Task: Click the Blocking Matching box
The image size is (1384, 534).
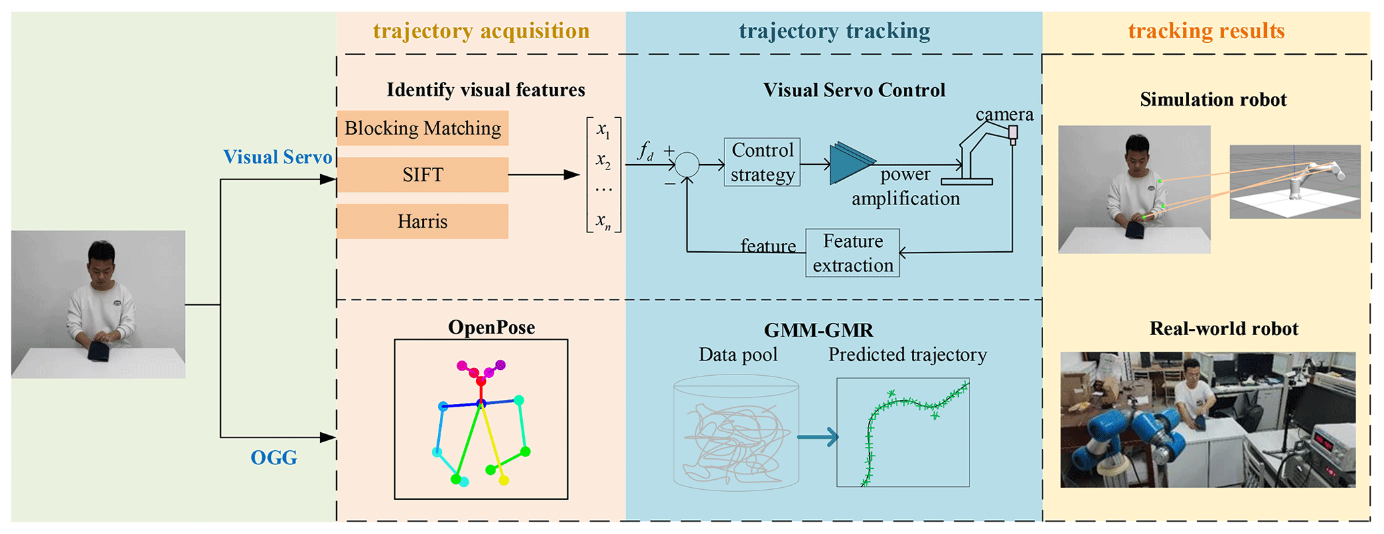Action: [x=422, y=128]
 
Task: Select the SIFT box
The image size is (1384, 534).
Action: [x=422, y=175]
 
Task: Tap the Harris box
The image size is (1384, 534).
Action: [x=422, y=222]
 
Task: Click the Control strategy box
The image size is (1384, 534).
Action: [x=762, y=162]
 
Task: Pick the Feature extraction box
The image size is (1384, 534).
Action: [x=852, y=253]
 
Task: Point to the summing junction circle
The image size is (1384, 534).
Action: [x=687, y=164]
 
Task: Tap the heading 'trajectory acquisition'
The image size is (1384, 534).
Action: [x=481, y=31]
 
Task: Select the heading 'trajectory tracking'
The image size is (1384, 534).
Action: [x=834, y=31]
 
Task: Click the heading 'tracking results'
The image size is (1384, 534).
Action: [x=1206, y=31]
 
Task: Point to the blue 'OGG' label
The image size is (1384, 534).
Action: [x=273, y=458]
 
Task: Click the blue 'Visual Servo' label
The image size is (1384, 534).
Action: [x=277, y=157]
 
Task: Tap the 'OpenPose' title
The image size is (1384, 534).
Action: [x=491, y=327]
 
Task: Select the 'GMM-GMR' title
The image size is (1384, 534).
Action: [x=818, y=330]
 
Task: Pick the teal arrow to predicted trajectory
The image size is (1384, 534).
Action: [x=818, y=438]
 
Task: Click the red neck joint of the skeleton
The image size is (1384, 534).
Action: [x=480, y=381]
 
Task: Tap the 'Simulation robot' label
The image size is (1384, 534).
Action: [x=1213, y=100]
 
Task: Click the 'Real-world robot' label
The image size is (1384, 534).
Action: [x=1223, y=328]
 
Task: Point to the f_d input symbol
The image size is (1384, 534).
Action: [x=645, y=152]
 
